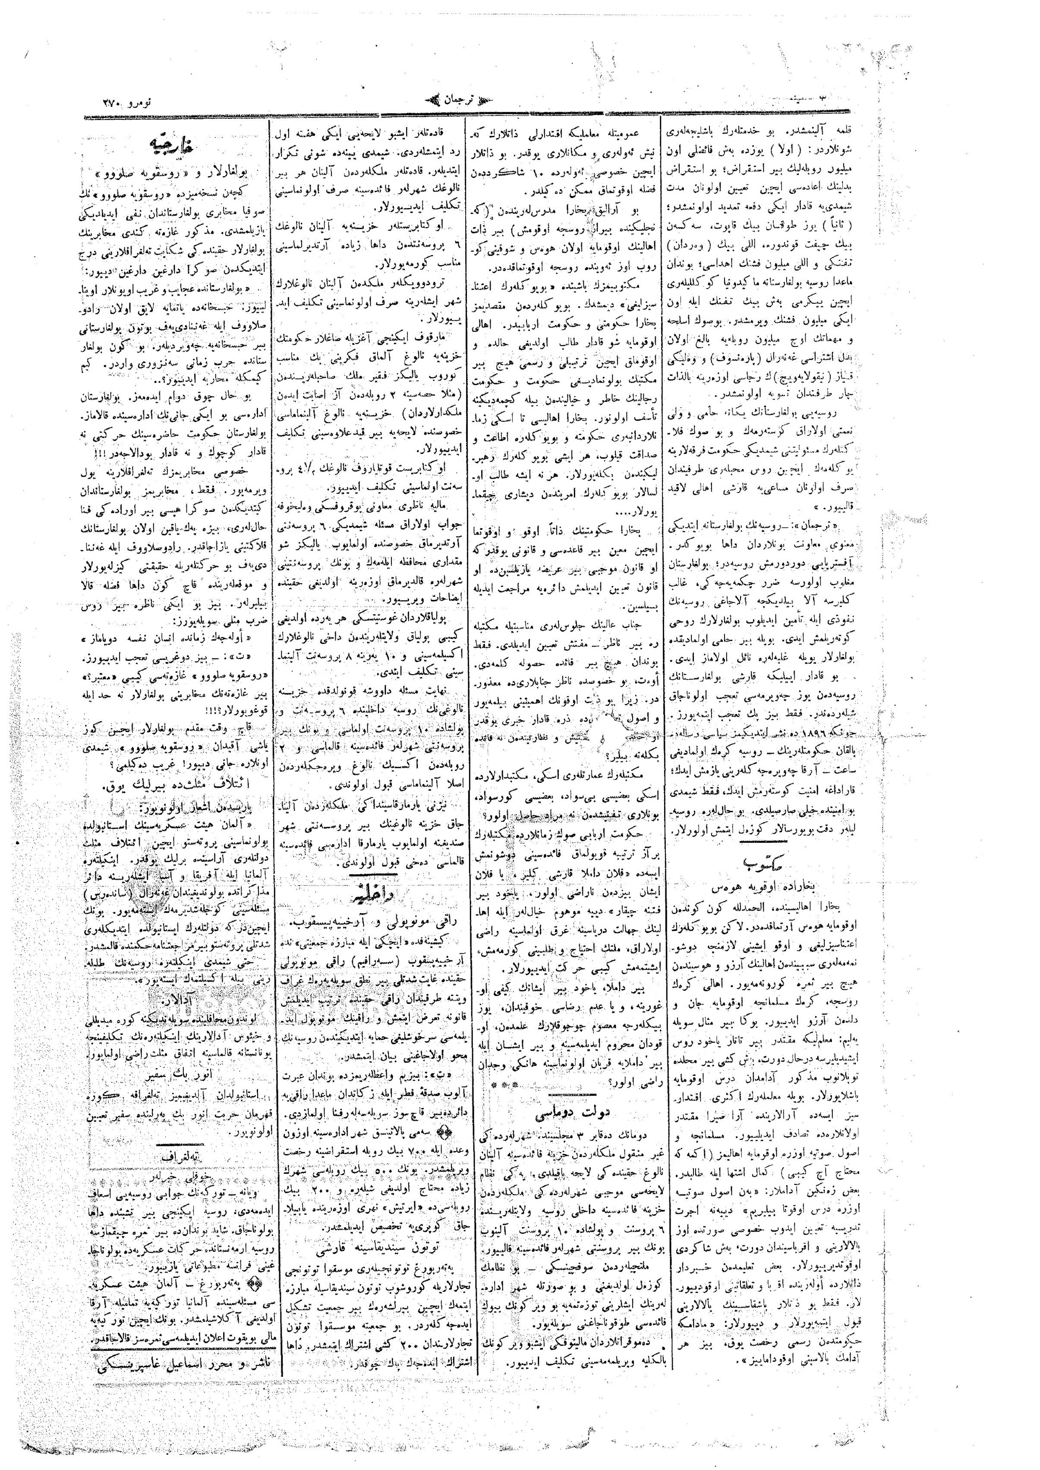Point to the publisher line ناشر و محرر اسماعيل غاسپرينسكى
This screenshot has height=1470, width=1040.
174,1352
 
